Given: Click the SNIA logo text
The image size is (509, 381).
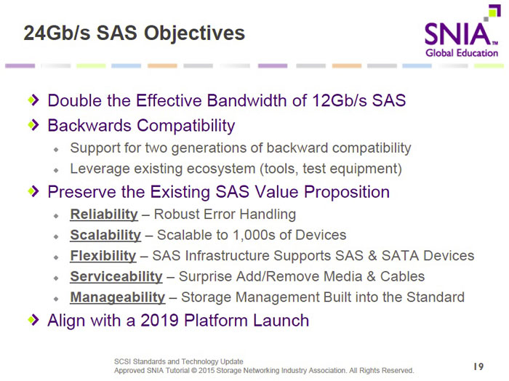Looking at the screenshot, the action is pos(457,34).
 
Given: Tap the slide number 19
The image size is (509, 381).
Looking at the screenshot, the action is pos(478,366).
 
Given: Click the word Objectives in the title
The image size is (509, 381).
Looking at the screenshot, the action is pos(194,33).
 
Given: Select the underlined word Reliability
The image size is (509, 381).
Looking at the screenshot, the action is pos(104,214).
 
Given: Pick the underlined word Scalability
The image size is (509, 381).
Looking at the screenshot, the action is pos(105,236).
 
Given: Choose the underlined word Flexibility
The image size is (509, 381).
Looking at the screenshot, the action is pos(103,256).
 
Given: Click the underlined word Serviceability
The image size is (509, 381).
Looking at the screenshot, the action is pos(116,277).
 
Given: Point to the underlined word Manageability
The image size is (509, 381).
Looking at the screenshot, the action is pos(118,297).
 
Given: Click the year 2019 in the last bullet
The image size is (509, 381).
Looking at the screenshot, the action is pos(159,321).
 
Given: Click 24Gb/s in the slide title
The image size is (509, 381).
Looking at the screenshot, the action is pos(57,33).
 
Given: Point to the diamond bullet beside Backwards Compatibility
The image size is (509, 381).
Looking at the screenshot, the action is pos(33,124).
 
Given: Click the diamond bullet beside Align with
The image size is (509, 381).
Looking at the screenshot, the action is pos(33,320).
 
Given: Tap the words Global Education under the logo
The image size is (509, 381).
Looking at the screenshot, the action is pos(462,53).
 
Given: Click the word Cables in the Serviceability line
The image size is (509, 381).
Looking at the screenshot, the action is pos(402,276).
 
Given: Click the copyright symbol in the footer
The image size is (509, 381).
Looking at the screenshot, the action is pos(194,370).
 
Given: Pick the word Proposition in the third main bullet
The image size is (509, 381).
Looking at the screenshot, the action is pos(347,192).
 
